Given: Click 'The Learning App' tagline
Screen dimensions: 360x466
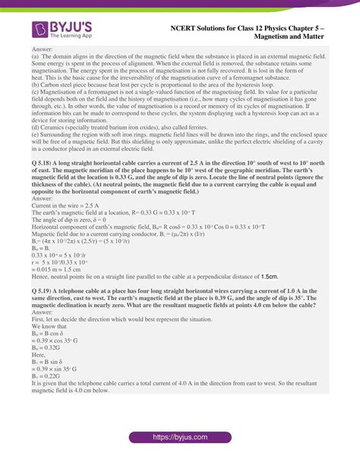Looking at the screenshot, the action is click(x=71, y=36).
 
